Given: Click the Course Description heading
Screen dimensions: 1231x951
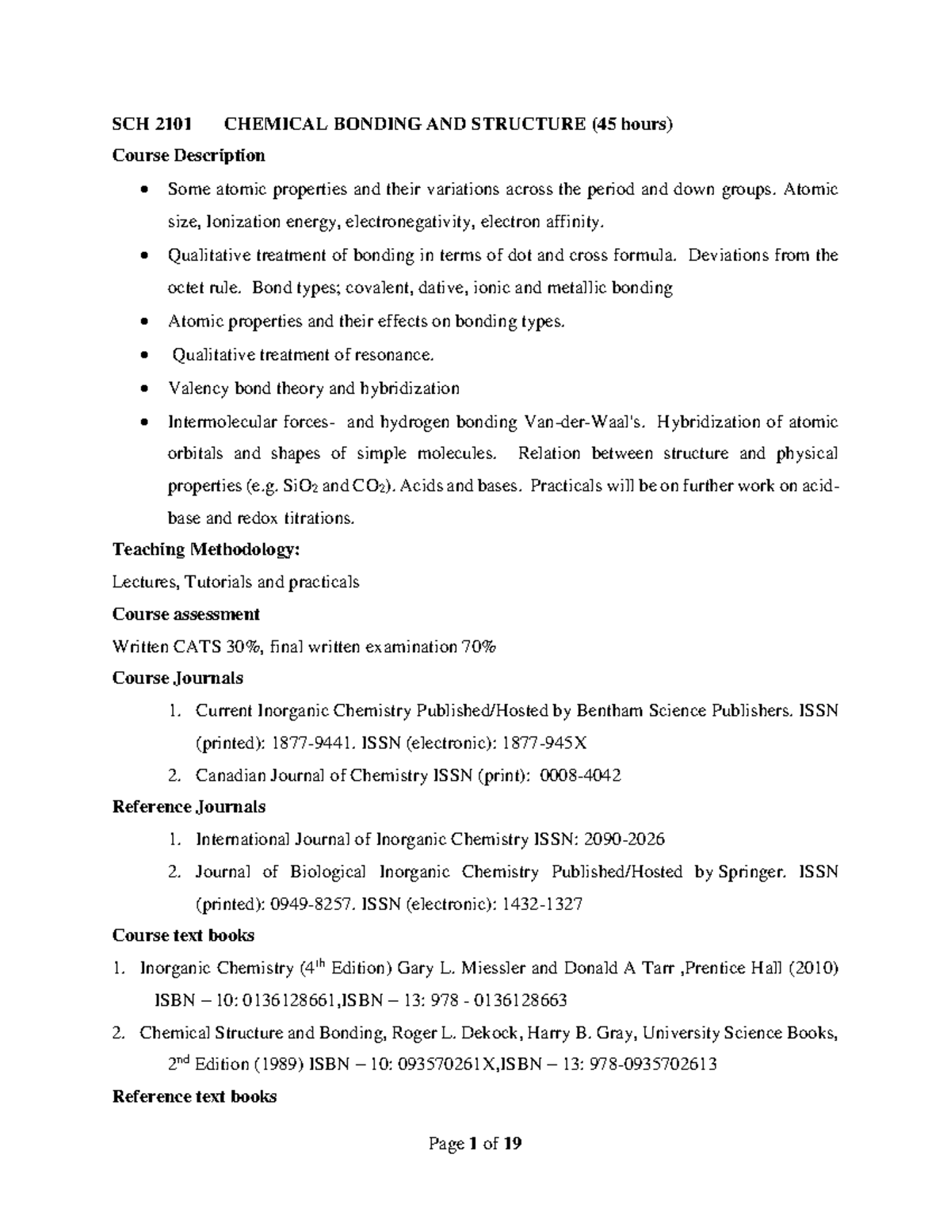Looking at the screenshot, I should click(189, 155).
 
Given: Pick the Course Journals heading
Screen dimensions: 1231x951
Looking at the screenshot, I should click(178, 679).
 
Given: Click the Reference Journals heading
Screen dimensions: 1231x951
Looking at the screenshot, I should click(189, 807).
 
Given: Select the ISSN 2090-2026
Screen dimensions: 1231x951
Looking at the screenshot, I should click(623, 839).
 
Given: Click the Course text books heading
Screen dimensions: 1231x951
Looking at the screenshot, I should click(183, 935).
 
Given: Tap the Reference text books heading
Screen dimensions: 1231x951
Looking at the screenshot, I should click(194, 1097).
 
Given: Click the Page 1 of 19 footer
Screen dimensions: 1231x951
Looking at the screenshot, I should click(475, 1144).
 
